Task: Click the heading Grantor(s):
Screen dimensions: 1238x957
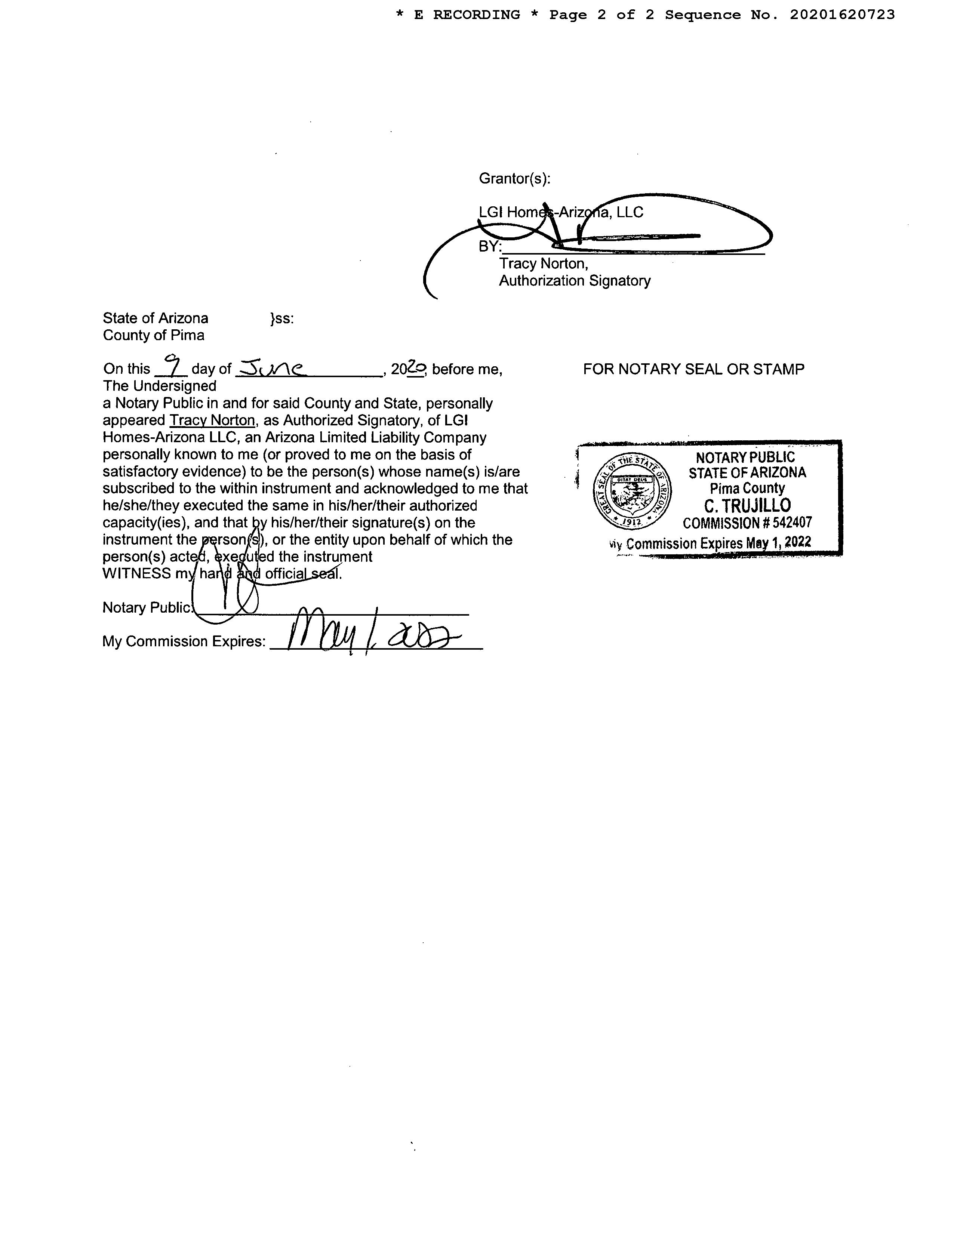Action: [x=514, y=179]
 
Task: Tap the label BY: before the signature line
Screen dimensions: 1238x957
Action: [x=490, y=247]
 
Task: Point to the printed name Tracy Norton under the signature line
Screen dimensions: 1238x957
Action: [x=543, y=264]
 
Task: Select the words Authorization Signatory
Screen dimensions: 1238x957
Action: [x=574, y=281]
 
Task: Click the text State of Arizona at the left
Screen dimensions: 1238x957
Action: [x=156, y=318]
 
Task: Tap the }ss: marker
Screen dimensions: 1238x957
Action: [x=282, y=318]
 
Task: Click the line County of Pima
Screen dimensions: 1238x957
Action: [x=154, y=335]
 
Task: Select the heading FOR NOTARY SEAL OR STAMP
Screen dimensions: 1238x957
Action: [x=693, y=369]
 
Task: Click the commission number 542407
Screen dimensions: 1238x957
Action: [x=792, y=523]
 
